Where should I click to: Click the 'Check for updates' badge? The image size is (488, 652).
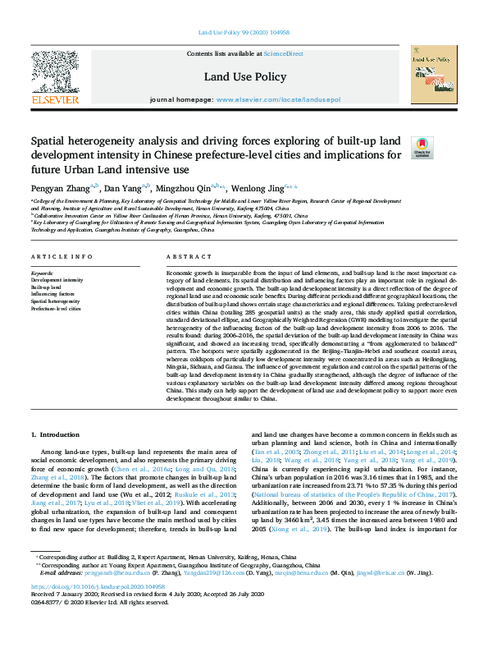[422, 147]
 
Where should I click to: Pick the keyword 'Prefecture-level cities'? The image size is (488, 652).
[56, 309]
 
